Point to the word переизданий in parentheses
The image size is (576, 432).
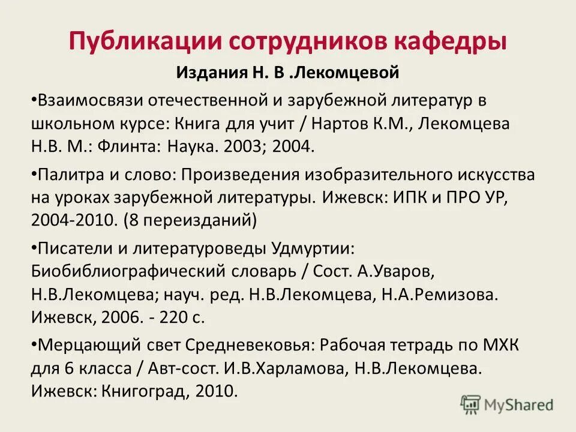[x=195, y=220]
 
